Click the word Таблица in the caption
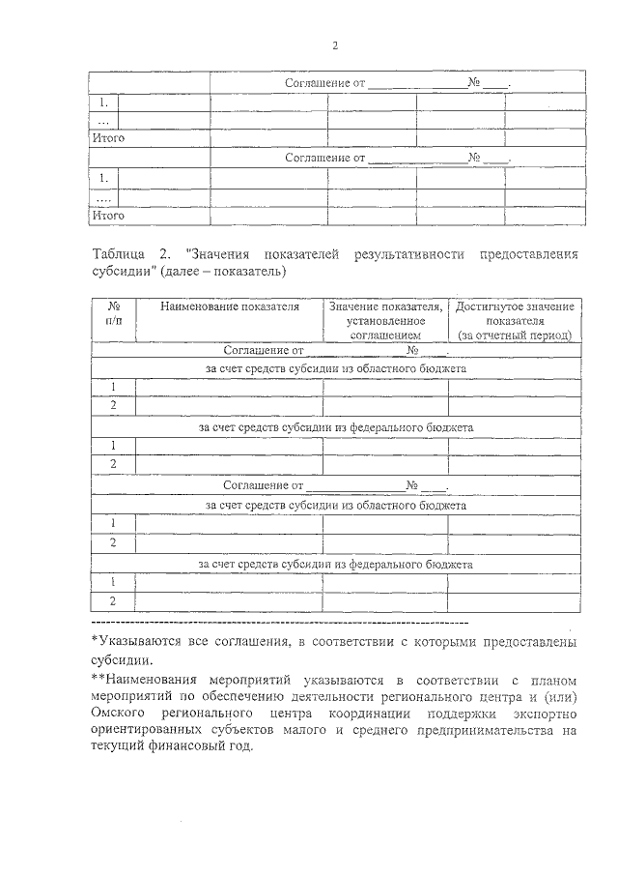pos(118,254)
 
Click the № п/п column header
pos(112,313)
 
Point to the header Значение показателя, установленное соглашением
pos(385,320)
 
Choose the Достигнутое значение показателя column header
pos(515,313)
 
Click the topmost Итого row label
pos(108,138)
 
